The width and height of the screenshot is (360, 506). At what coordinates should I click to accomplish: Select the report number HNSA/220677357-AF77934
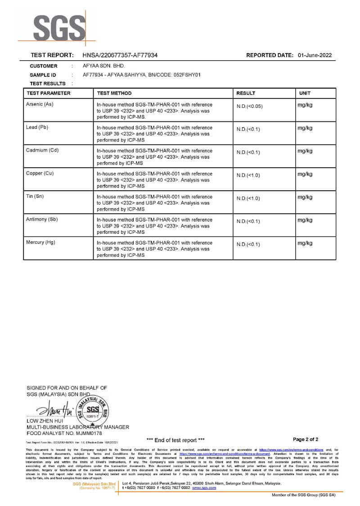pos(120,55)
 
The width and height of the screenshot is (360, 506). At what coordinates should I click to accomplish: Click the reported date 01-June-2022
pos(315,55)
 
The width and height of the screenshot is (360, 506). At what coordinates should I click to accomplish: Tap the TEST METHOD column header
pos(114,93)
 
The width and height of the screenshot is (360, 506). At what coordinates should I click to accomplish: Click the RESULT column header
pos(246,93)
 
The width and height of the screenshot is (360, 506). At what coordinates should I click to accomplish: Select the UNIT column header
pos(305,93)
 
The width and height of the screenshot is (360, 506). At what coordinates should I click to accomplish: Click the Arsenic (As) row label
pos(40,104)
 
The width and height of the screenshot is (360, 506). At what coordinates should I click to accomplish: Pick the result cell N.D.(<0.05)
pos(249,107)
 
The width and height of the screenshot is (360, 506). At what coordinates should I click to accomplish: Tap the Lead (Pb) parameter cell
pos(37,127)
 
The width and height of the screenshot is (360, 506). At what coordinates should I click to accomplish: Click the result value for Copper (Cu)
pos(248,175)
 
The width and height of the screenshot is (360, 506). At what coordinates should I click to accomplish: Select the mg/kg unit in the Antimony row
pos(305,220)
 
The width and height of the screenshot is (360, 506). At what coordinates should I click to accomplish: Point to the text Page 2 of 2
pos(306,439)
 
